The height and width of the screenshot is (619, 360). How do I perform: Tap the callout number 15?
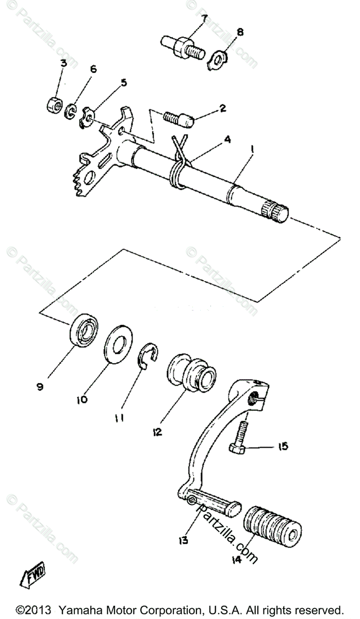(x=283, y=446)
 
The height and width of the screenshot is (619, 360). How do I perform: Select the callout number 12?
(x=157, y=431)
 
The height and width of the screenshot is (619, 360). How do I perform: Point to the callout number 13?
(x=183, y=540)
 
